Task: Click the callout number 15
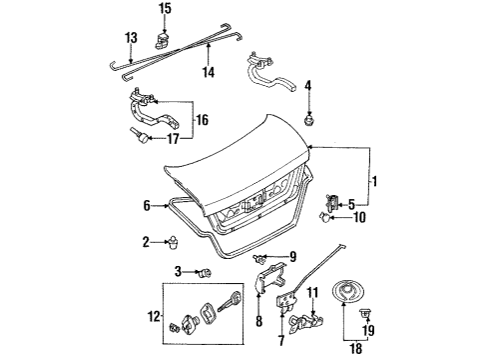tap(165, 8)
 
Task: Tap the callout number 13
tap(131, 38)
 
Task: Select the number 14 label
tap(209, 72)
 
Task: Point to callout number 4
tap(308, 86)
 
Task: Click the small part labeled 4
tap(309, 120)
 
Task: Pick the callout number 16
tap(203, 120)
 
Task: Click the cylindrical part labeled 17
tap(140, 136)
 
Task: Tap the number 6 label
tap(147, 206)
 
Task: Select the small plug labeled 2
tap(173, 242)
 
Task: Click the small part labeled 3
tap(205, 273)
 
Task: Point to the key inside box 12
tap(229, 301)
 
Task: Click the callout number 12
tap(154, 316)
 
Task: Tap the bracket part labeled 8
tap(269, 279)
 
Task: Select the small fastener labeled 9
tap(258, 258)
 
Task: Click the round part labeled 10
tap(325, 217)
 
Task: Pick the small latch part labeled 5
tap(332, 202)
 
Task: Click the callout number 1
tap(374, 182)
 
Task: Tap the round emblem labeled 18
tap(348, 293)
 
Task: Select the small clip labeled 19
tap(365, 313)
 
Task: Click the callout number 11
tap(312, 292)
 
